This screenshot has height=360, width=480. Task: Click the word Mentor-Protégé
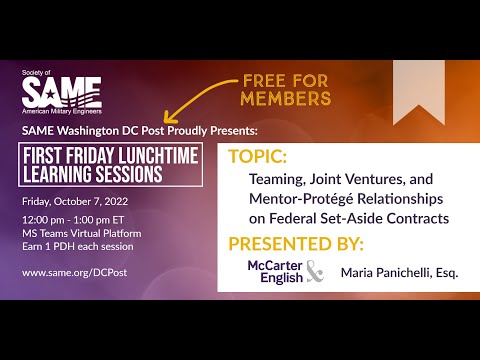point(292,199)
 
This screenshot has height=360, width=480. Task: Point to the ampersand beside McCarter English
point(315,272)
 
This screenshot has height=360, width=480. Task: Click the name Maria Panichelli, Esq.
point(399,272)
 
